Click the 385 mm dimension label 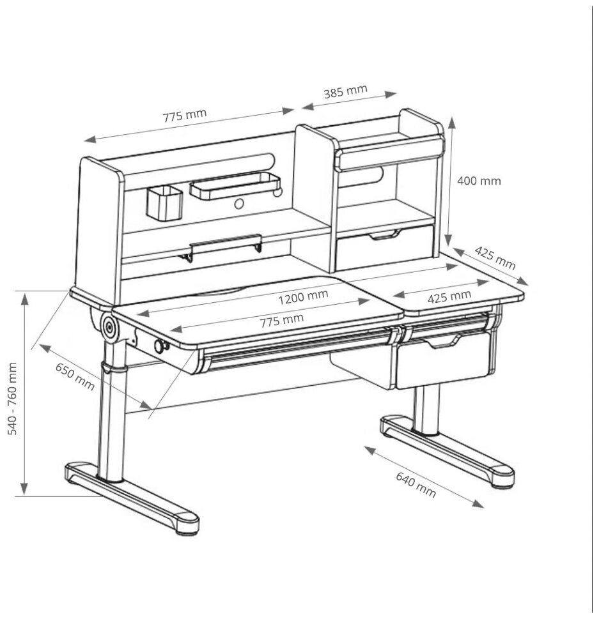(345, 91)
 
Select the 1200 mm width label (303, 296)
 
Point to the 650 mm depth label (75, 376)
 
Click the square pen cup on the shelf (164, 202)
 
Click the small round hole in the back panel (239, 204)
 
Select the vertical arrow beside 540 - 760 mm (24, 394)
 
